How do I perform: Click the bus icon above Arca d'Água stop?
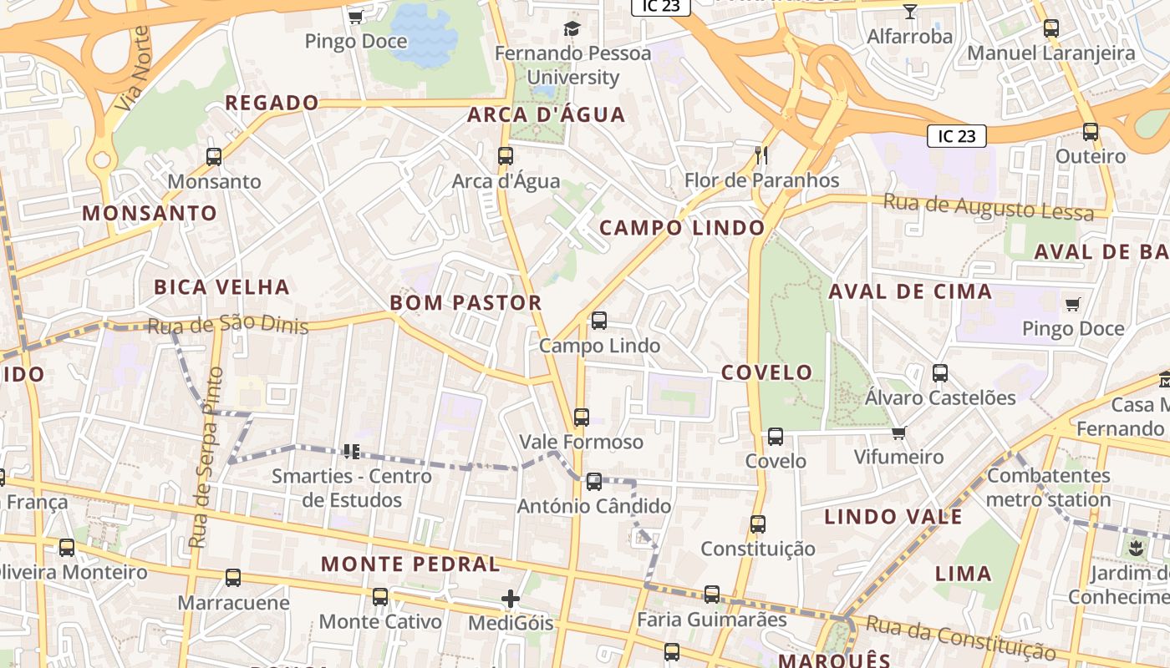(505, 156)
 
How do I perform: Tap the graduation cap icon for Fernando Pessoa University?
(572, 28)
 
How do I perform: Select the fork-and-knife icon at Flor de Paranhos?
(760, 154)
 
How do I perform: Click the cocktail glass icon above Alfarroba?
(910, 11)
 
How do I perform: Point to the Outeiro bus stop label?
(1091, 157)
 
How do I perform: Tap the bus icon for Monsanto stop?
(214, 156)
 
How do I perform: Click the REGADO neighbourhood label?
(272, 103)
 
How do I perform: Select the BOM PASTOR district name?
(466, 302)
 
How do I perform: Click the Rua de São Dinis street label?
(227, 325)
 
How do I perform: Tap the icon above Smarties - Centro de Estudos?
(351, 451)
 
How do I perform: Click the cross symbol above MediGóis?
(511, 599)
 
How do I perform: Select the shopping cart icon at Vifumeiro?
(899, 433)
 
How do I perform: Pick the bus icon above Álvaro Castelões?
(940, 373)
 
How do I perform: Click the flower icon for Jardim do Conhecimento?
(1135, 549)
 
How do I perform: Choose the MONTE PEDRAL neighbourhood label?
(410, 564)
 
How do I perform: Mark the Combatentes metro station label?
(1049, 488)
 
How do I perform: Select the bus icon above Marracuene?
(233, 578)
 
